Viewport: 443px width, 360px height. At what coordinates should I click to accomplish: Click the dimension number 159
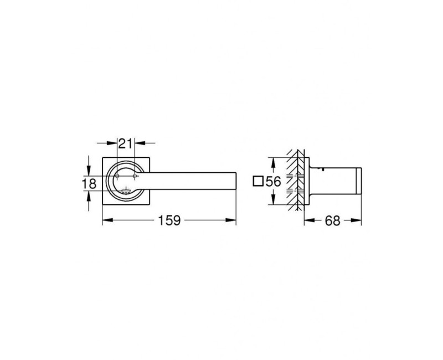point(169,220)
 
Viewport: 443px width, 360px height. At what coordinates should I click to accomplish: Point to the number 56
point(272,181)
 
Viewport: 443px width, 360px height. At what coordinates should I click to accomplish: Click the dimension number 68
point(332,220)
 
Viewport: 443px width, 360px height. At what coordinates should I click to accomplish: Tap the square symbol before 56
point(256,181)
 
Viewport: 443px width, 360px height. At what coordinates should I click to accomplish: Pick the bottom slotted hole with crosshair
point(126,192)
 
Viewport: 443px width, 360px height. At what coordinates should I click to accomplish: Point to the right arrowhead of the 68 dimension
point(358,220)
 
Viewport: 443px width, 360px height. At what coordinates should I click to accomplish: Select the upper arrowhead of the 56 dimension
point(272,161)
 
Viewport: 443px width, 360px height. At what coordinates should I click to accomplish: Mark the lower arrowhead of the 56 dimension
point(272,202)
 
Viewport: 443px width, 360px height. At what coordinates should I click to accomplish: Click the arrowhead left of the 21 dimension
point(113,143)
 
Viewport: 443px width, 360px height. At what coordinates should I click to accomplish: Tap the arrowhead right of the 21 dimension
point(138,143)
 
